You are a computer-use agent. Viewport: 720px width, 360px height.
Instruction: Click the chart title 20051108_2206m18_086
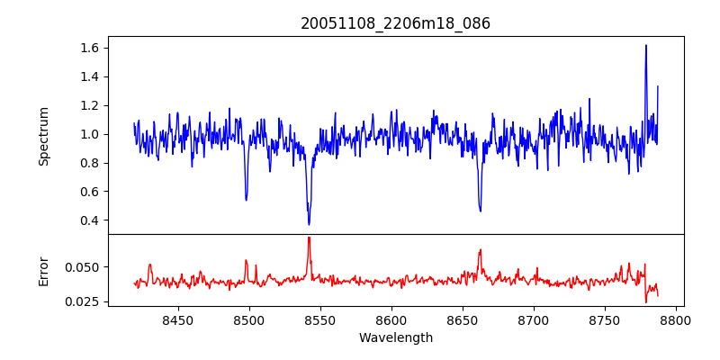(395, 23)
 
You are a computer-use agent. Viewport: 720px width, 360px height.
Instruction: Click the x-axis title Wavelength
(395, 337)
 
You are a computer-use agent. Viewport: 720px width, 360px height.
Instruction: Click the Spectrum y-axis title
(43, 135)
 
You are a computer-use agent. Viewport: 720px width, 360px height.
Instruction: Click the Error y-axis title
(43, 270)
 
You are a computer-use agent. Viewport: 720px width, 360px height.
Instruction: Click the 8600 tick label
(391, 319)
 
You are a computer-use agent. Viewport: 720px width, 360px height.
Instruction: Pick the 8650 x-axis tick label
(462, 319)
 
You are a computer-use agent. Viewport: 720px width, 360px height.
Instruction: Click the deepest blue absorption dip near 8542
(309, 224)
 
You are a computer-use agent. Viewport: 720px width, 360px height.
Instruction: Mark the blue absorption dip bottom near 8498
(246, 200)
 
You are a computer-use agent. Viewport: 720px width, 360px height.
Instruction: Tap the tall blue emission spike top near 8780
(646, 46)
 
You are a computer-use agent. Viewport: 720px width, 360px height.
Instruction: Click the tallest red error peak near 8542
(309, 238)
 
